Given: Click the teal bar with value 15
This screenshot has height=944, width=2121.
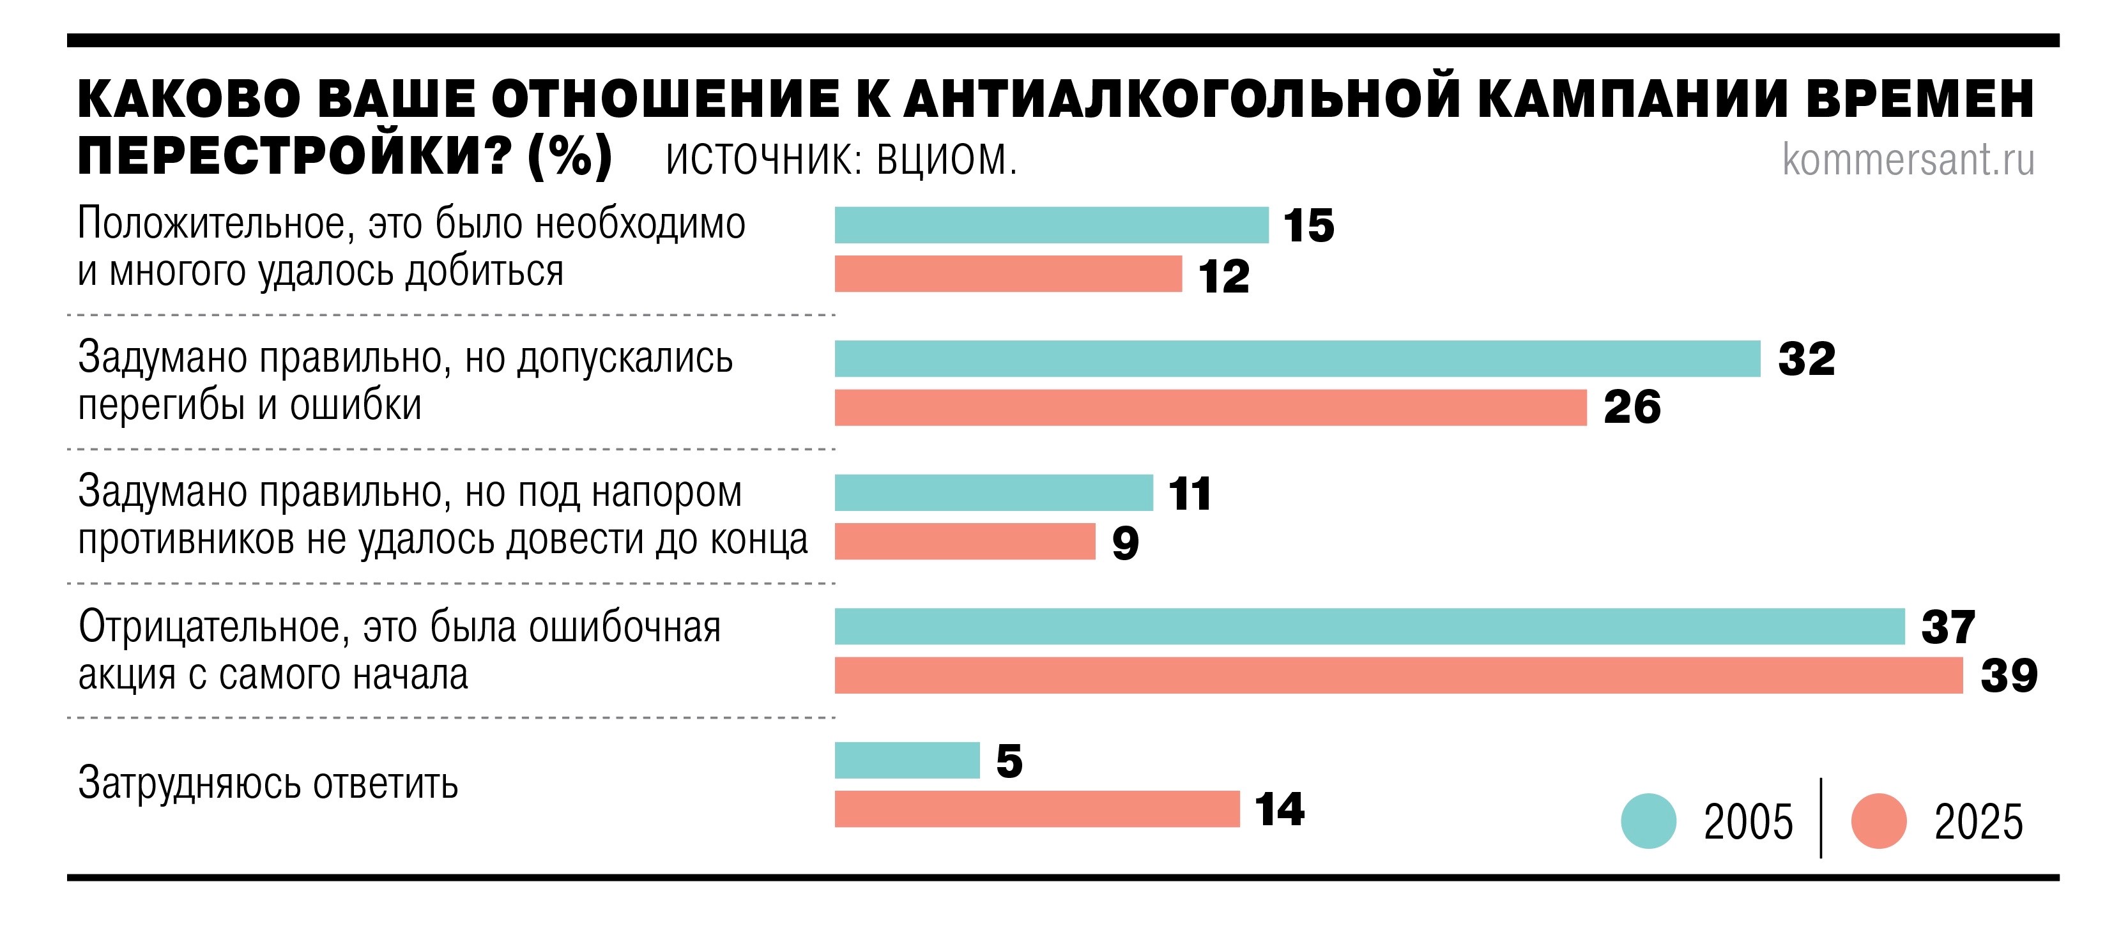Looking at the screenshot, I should pyautogui.click(x=1051, y=225).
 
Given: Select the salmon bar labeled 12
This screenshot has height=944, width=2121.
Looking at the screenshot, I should pyautogui.click(x=1008, y=274).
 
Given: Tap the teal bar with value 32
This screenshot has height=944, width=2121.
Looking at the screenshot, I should pyautogui.click(x=1297, y=359).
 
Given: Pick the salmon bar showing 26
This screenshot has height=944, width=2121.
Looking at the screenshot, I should pyautogui.click(x=1211, y=407).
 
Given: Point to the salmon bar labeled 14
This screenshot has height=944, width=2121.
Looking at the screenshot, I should pyautogui.click(x=1037, y=809).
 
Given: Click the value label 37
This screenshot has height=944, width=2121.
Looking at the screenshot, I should pyautogui.click(x=1947, y=628).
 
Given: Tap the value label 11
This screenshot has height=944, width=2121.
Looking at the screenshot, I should pyautogui.click(x=1189, y=494).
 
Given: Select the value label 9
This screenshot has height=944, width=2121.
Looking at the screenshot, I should pyautogui.click(x=1125, y=543).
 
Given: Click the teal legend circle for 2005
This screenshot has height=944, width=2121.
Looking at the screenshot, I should pyautogui.click(x=1648, y=821).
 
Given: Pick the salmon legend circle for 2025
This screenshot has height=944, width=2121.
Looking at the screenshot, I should pyautogui.click(x=1879, y=821).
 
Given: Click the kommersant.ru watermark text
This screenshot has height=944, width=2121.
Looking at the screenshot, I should pyautogui.click(x=1908, y=160).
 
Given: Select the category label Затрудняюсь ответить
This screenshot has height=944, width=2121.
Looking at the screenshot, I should pyautogui.click(x=268, y=784).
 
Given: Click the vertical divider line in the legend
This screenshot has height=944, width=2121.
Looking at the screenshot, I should pyautogui.click(x=1821, y=818).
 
